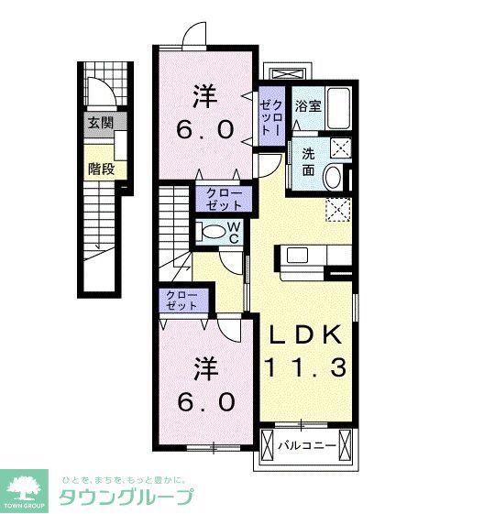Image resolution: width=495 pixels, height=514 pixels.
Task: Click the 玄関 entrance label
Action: pos(101,124)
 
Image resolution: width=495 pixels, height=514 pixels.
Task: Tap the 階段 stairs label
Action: pos(102,170)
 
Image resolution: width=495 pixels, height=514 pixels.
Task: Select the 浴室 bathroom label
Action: pos(308,106)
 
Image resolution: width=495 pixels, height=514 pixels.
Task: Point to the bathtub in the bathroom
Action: pos(338,109)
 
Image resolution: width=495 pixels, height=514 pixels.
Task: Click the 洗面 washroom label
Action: pos(308,162)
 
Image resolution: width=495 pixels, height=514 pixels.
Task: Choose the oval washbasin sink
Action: pos(333,177)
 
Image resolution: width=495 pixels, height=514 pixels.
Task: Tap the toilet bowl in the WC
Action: pos(213,232)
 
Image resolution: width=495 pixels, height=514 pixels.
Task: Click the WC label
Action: pos(234,233)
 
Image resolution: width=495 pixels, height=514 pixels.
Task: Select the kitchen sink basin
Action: pos(297,256)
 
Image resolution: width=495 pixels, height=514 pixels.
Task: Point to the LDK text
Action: pos(305,334)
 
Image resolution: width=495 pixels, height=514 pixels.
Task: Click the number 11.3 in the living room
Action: pos(305,367)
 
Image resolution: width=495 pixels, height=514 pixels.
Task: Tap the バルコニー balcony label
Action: pos(307,446)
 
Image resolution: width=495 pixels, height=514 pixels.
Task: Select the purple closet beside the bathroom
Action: pos(271,116)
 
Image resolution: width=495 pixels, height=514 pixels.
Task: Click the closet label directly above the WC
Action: pos(224,200)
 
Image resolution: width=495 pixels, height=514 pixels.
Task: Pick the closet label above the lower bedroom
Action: pos(181,301)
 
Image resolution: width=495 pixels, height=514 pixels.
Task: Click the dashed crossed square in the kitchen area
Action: pos(338,210)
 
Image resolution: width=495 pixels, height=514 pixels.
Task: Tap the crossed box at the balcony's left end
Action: pos(267,446)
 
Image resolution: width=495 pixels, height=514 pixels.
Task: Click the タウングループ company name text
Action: pos(126,498)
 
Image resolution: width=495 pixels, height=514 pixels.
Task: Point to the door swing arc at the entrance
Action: pos(107,86)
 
